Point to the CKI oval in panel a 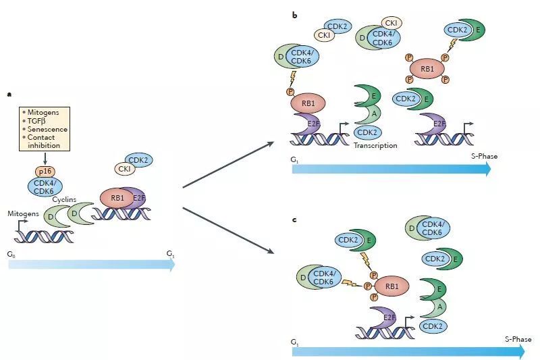point(124,168)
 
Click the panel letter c point(294,220)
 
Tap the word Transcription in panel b point(375,145)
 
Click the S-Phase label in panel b point(484,157)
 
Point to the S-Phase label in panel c point(518,339)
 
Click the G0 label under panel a point(11,255)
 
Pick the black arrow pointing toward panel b point(230,163)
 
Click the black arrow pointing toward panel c point(230,231)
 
